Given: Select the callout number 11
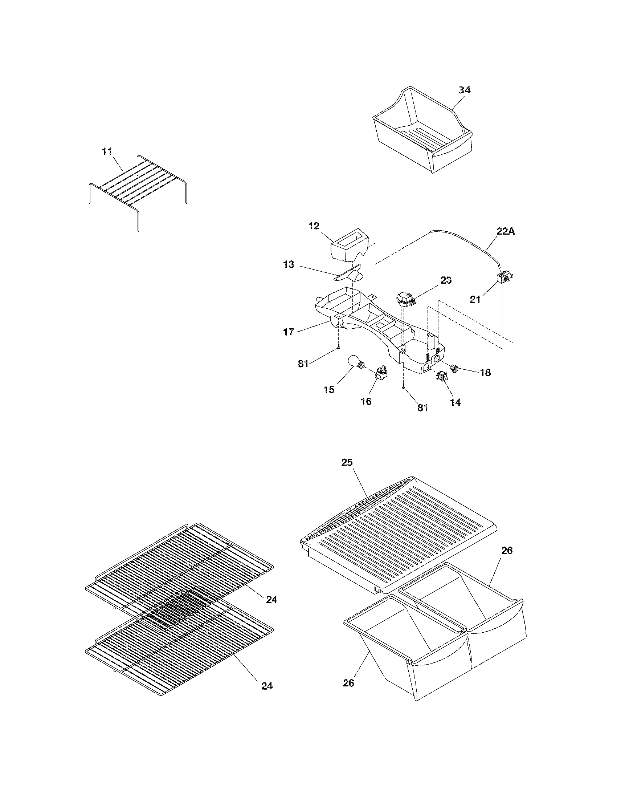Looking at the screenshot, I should (x=107, y=151).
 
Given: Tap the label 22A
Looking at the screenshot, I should (x=506, y=232).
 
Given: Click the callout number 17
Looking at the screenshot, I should (x=289, y=332).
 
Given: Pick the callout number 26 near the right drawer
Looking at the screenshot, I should (x=507, y=550).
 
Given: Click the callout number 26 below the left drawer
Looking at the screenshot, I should (x=348, y=683).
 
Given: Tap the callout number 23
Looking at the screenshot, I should (x=446, y=280).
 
